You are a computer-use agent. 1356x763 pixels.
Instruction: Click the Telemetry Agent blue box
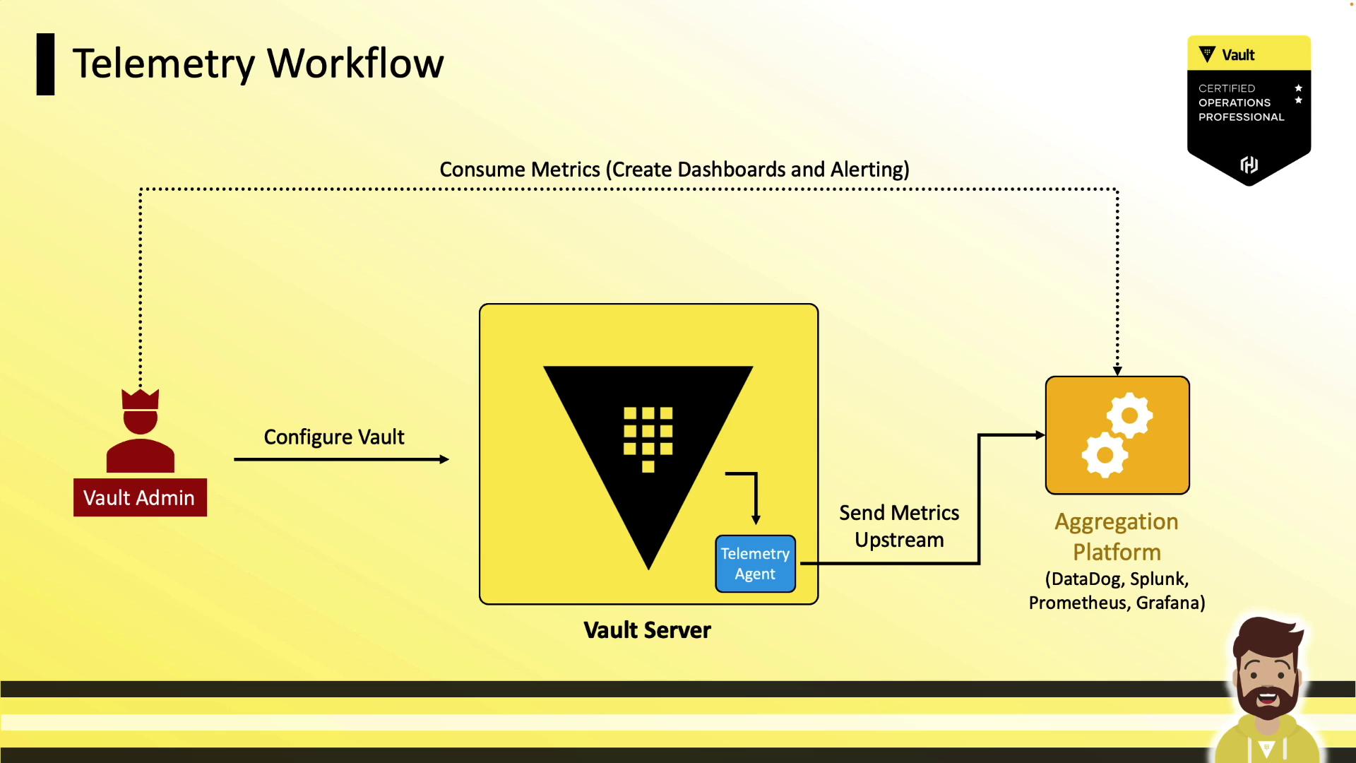click(x=755, y=564)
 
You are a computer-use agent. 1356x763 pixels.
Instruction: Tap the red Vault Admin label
click(x=140, y=497)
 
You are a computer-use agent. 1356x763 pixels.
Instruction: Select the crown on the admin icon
click(x=140, y=399)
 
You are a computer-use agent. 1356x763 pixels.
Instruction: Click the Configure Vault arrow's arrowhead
click(x=444, y=459)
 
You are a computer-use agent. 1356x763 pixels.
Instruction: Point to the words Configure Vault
click(x=334, y=437)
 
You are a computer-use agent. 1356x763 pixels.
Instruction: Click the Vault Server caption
click(x=647, y=629)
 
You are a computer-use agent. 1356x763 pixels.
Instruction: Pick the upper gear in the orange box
click(x=1129, y=415)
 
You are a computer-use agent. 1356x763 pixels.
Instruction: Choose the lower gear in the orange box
click(x=1105, y=455)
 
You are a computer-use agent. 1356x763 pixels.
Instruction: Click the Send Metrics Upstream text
click(x=898, y=526)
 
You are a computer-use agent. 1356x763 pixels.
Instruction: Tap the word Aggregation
click(x=1116, y=521)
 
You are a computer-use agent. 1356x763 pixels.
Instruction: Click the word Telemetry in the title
click(x=163, y=64)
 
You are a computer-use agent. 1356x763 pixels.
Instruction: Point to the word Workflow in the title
click(x=355, y=64)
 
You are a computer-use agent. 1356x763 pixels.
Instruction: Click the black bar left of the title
click(x=45, y=64)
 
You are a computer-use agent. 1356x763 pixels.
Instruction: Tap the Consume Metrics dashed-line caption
click(x=674, y=170)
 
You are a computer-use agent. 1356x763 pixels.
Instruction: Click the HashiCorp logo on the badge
click(x=1249, y=165)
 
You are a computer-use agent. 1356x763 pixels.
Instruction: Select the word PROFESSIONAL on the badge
click(x=1241, y=117)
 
